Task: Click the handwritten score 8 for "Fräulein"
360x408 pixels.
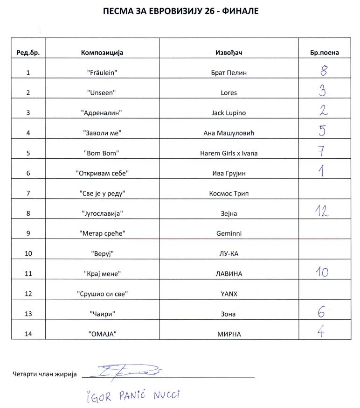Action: (322, 71)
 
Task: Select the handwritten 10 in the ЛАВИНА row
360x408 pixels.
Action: (321, 272)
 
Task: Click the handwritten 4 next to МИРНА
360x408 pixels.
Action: (321, 332)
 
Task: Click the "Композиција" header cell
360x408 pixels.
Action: (102, 53)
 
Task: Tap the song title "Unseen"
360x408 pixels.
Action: (102, 93)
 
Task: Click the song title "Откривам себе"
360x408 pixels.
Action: (102, 173)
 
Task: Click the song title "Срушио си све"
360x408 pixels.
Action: (102, 294)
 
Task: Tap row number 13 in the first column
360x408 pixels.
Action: (28, 314)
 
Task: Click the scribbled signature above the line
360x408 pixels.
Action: (131, 371)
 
